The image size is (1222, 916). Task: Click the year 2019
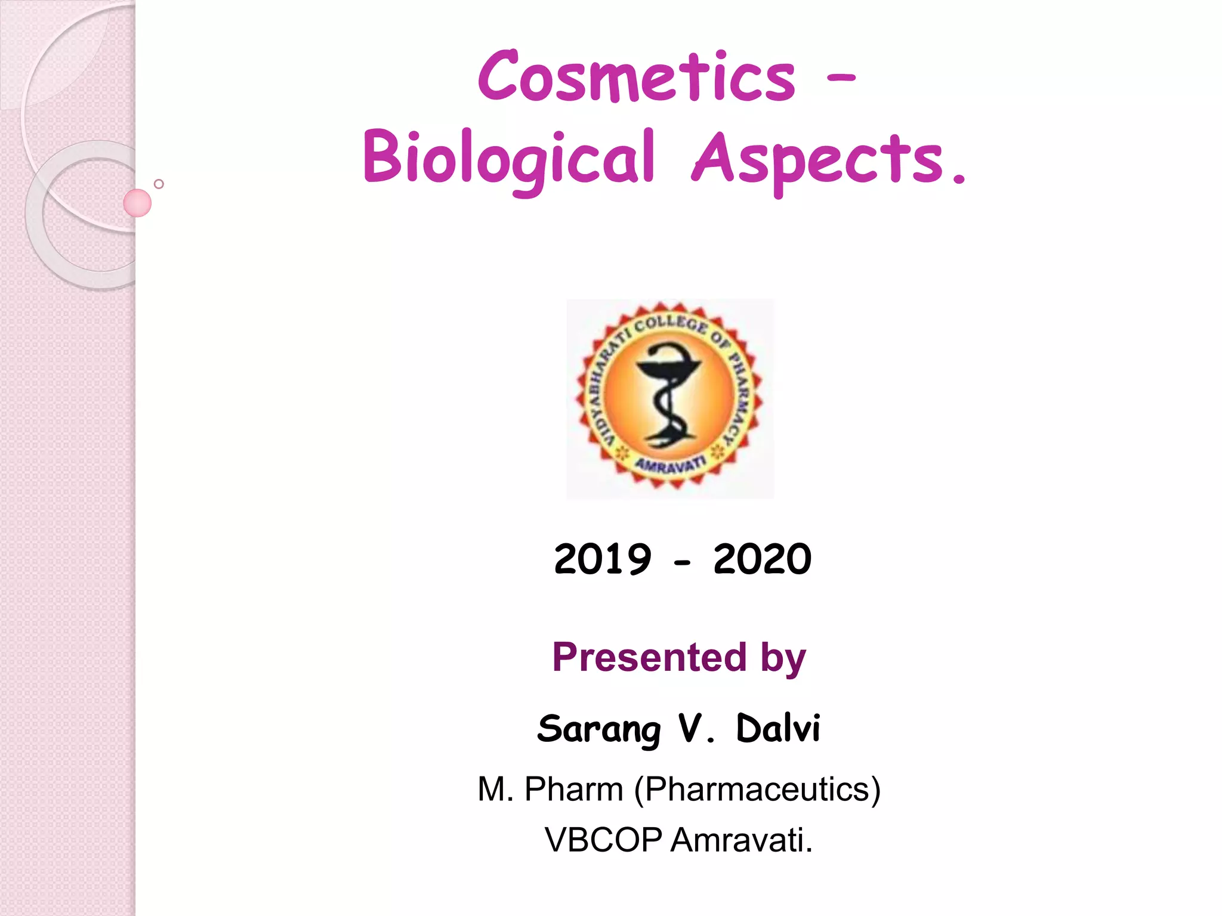(602, 559)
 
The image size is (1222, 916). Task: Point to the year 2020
(762, 559)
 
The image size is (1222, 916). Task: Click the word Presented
(649, 657)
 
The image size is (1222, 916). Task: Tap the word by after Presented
(783, 658)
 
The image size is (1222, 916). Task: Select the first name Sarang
(599, 729)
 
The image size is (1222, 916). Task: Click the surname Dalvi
(778, 728)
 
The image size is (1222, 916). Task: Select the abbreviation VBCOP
(603, 840)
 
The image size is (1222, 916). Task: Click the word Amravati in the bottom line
(741, 840)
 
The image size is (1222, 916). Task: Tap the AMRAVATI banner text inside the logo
(670, 464)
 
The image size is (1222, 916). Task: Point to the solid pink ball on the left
(137, 203)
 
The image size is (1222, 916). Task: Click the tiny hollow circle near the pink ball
(159, 184)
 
